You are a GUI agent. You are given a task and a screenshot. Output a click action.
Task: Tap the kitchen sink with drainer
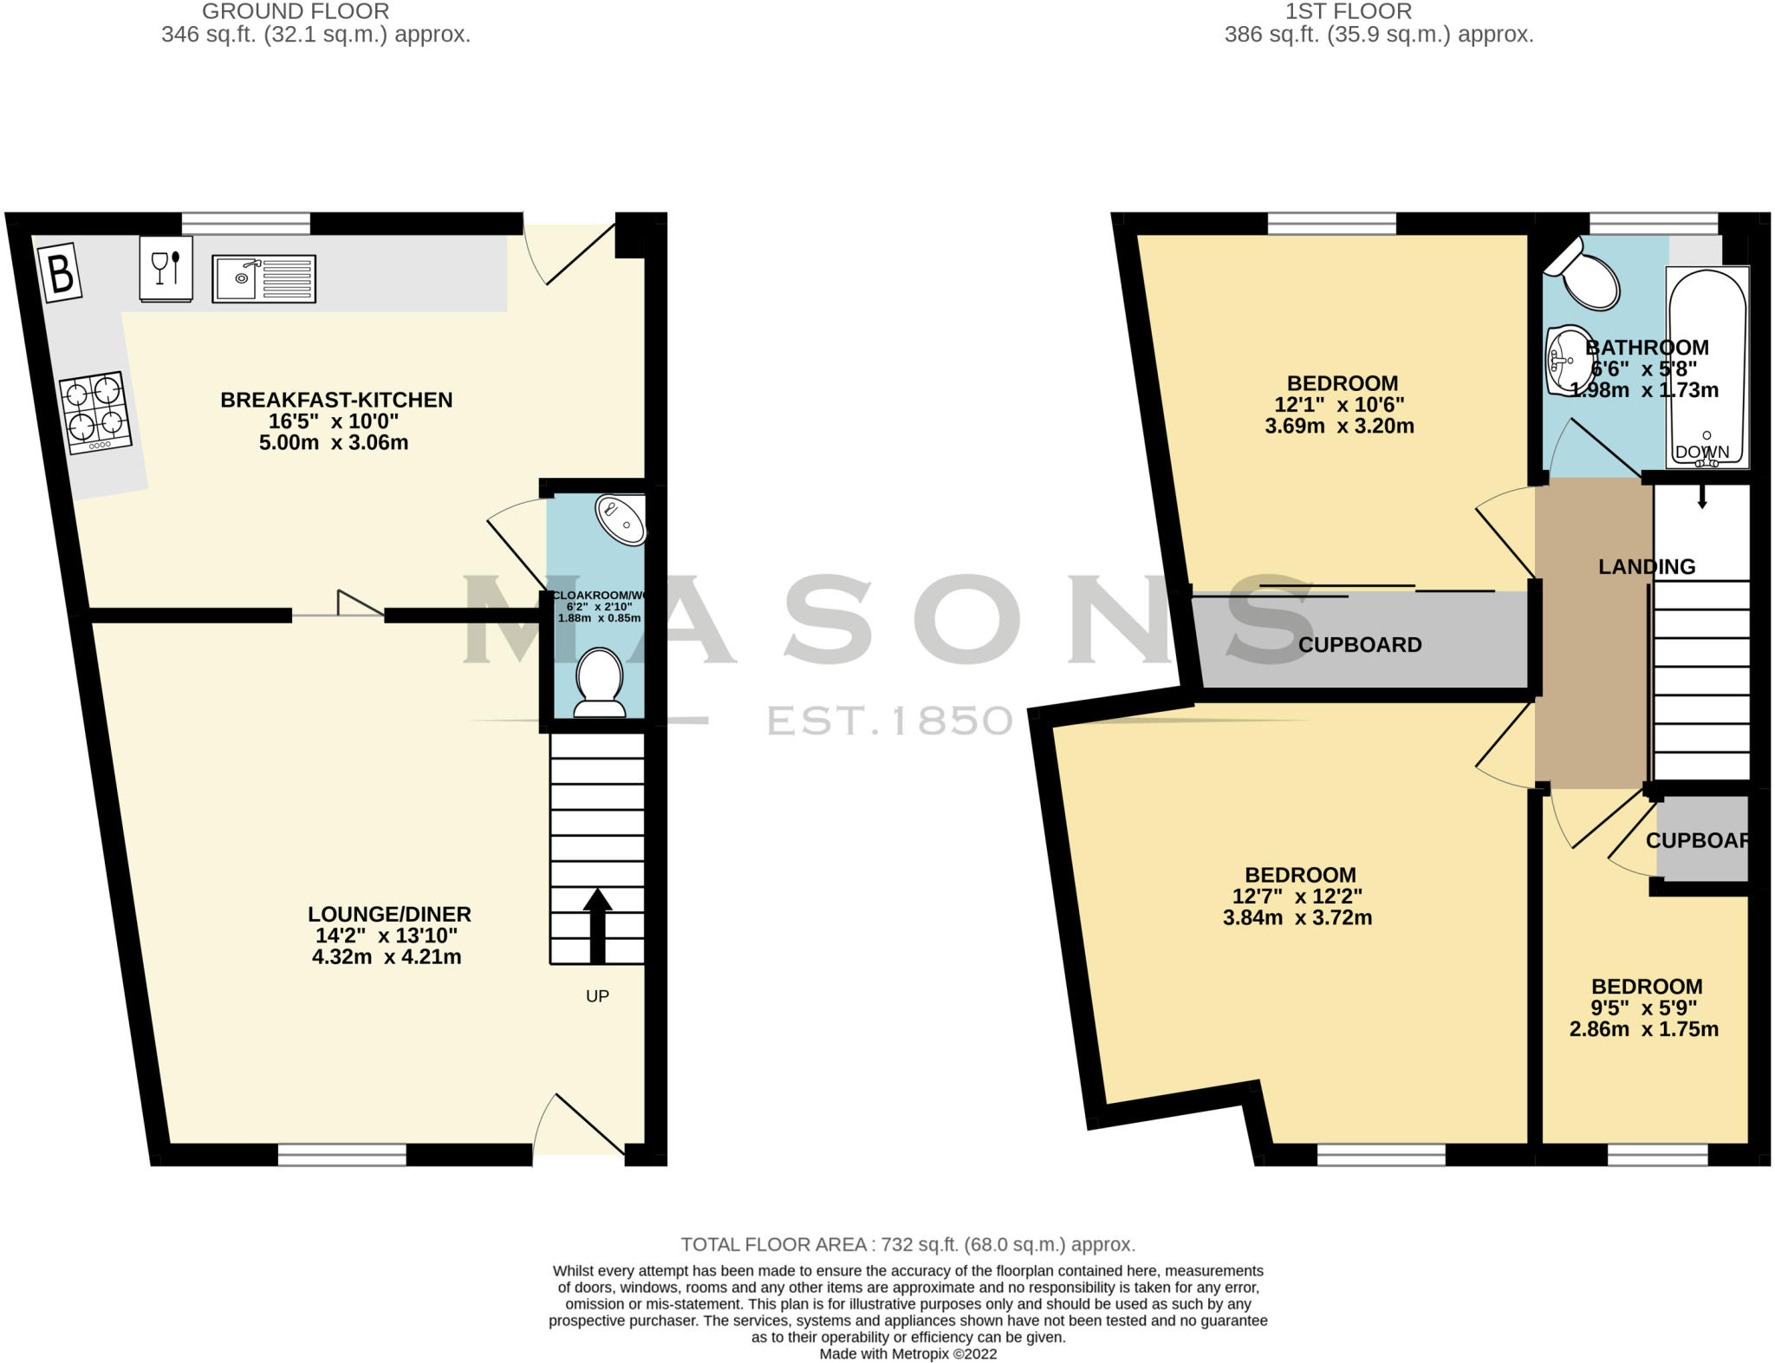click(263, 278)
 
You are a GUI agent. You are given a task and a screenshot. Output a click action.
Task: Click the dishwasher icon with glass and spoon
click(166, 268)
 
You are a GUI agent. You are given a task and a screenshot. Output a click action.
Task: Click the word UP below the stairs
click(597, 996)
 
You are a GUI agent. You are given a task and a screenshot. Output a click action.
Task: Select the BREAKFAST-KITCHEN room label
click(336, 400)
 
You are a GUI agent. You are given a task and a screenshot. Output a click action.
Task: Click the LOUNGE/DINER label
click(389, 914)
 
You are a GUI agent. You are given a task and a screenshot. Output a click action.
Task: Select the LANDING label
click(1646, 567)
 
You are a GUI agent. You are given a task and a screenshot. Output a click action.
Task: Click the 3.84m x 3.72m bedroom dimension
click(1297, 918)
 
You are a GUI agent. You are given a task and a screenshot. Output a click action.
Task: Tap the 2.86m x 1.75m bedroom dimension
click(1643, 1030)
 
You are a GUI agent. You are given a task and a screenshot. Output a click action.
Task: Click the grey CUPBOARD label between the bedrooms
click(1359, 645)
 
